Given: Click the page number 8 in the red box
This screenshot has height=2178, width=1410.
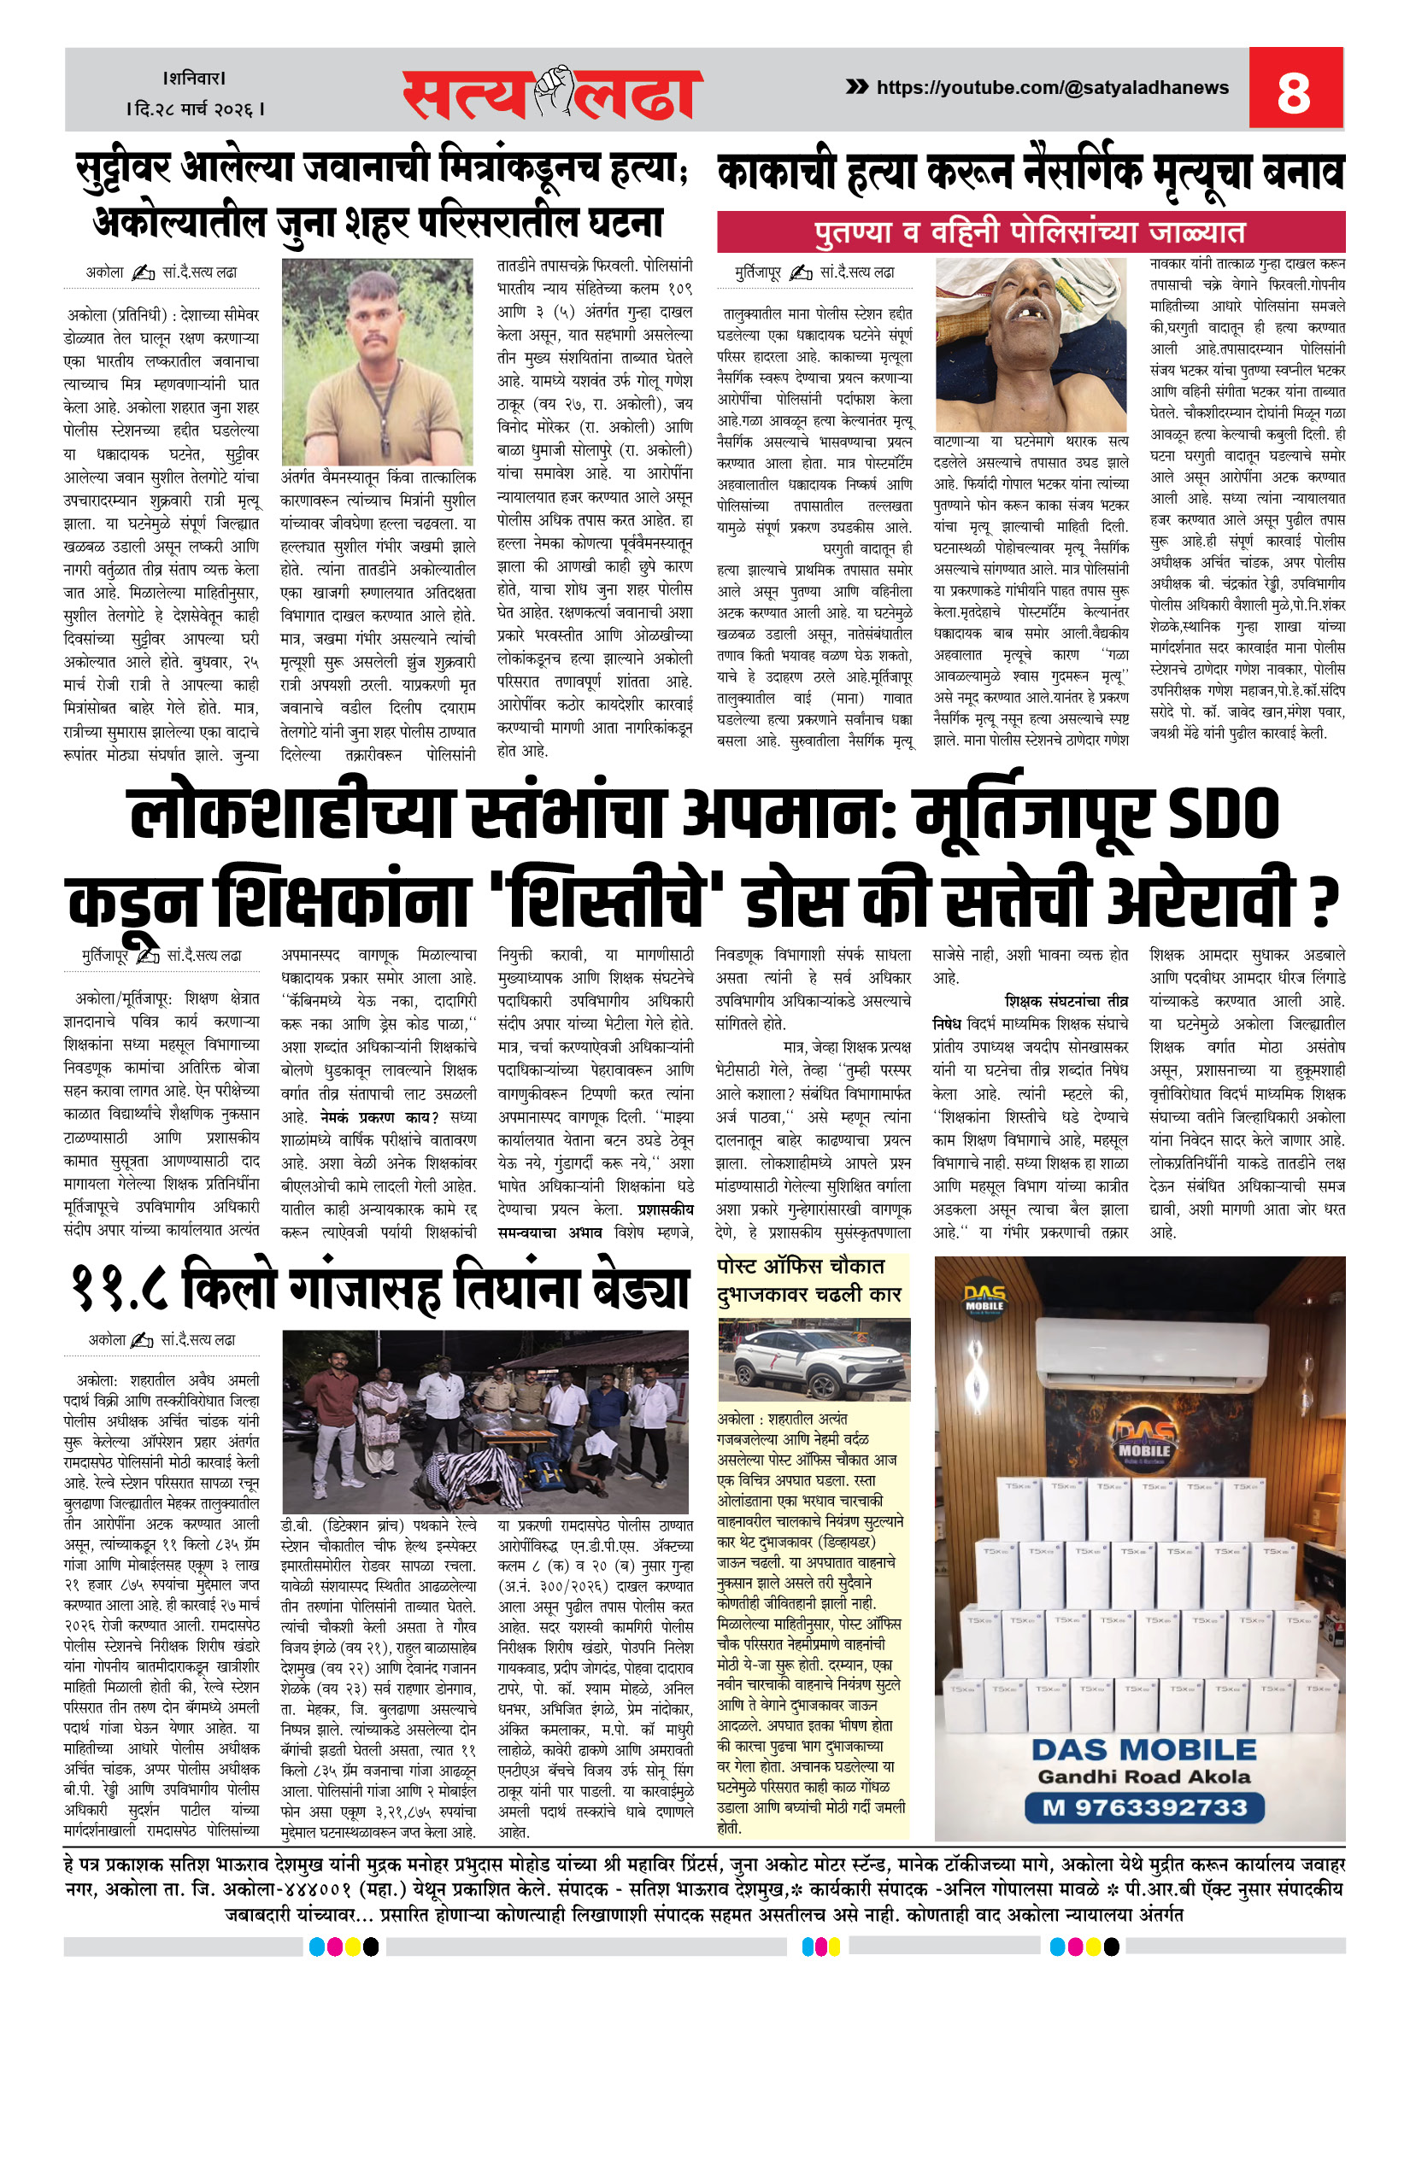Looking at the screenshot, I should pos(1294,91).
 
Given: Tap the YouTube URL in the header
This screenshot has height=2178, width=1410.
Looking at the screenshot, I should pos(1052,88).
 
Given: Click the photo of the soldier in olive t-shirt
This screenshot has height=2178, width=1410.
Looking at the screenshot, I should pos(377,361).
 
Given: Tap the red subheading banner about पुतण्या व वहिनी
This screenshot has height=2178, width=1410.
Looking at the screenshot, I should pos(1030,232).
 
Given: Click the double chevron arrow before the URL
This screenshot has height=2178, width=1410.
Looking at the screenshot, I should pos(856,87).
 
